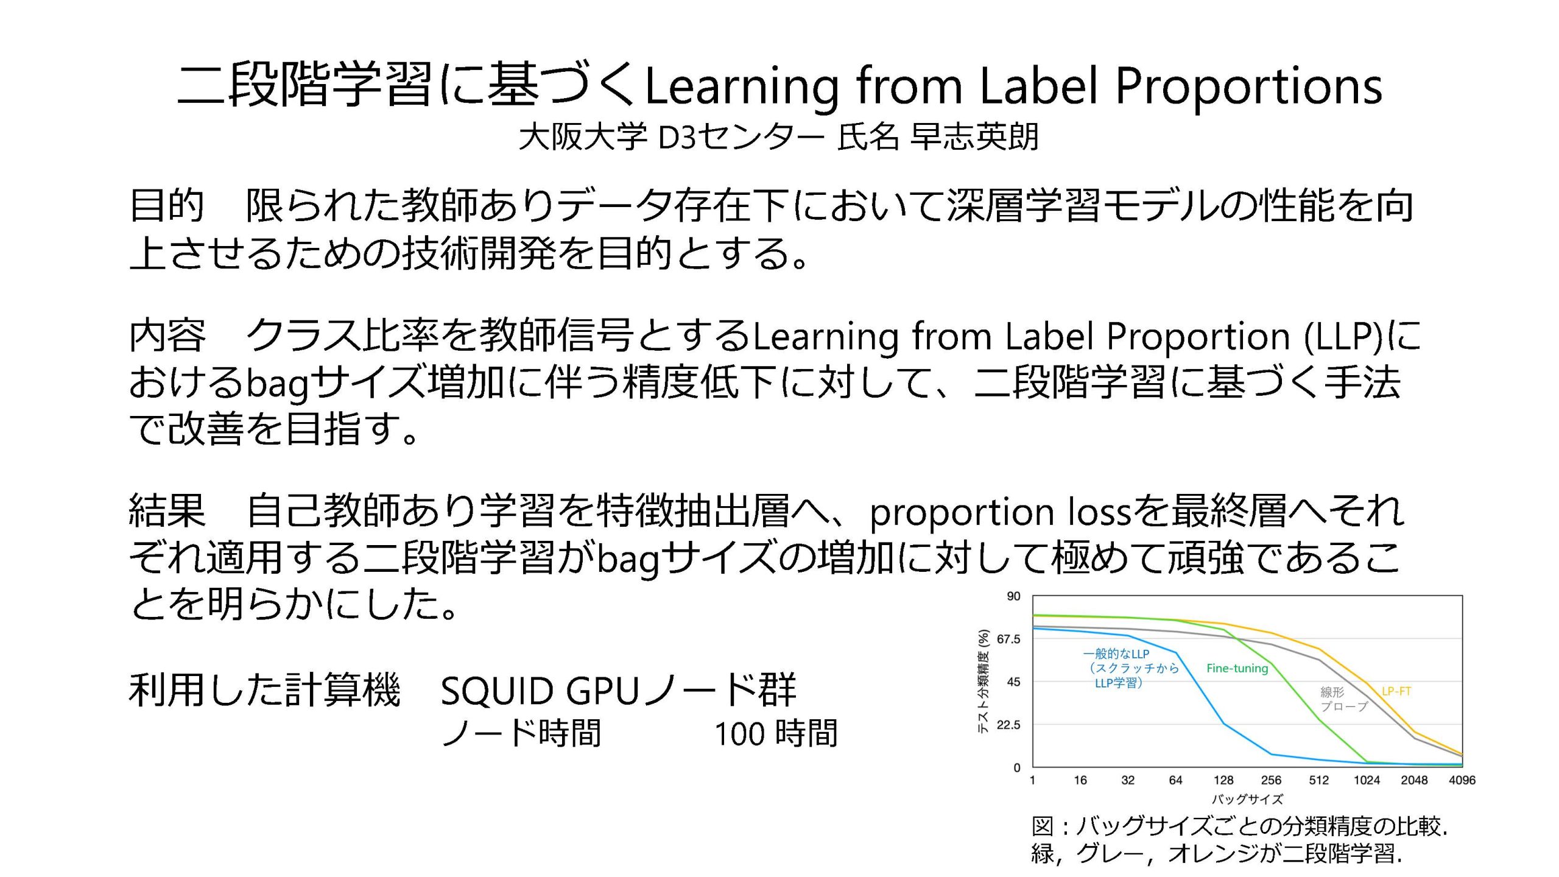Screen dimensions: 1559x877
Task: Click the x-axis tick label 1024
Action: click(x=1366, y=780)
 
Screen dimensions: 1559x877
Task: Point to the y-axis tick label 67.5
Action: click(x=1008, y=639)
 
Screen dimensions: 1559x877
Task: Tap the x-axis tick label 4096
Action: click(x=1462, y=780)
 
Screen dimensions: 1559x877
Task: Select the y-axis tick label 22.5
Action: click(x=1008, y=725)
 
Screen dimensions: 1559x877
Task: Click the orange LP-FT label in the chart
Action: click(x=1396, y=691)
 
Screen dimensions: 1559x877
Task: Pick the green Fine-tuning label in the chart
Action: click(x=1237, y=668)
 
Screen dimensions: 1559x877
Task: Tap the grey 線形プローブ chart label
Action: click(x=1344, y=699)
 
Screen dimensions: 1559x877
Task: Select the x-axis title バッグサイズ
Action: click(x=1247, y=799)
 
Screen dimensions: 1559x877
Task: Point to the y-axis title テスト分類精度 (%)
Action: click(x=983, y=681)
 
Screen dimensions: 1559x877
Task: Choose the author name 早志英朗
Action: click(x=974, y=136)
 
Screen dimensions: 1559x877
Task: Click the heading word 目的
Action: click(x=167, y=206)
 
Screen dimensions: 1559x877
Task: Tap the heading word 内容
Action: click(x=167, y=336)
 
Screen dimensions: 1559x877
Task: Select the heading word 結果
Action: click(x=167, y=510)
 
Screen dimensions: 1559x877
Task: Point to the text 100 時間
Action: click(x=776, y=733)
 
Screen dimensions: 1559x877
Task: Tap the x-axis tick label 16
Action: click(x=1080, y=780)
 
